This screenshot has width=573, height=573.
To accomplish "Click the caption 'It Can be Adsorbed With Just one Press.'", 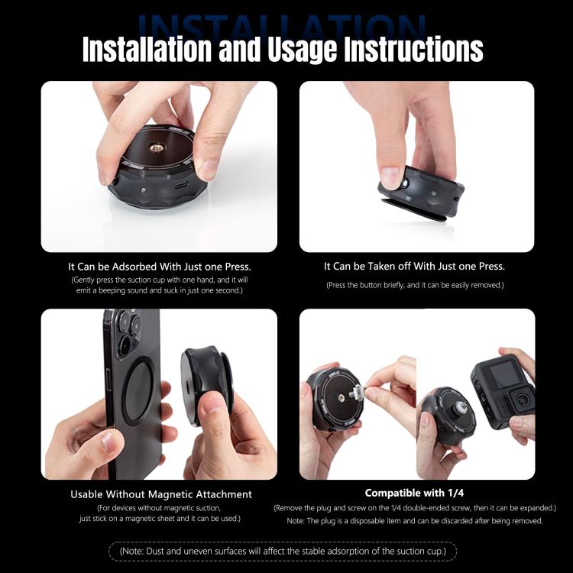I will [x=160, y=267].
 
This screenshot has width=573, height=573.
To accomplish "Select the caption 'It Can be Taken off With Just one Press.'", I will [x=414, y=267].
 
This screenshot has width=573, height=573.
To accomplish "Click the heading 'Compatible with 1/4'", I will [x=414, y=493].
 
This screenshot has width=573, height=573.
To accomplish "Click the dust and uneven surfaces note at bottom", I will [x=283, y=551].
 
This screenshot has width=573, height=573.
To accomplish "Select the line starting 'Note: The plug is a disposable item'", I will [x=415, y=520].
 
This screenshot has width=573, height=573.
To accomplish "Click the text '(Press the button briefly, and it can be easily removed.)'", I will [x=414, y=285].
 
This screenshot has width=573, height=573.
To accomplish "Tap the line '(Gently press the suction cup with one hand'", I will [x=160, y=280].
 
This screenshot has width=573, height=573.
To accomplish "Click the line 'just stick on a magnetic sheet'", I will [x=160, y=519].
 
